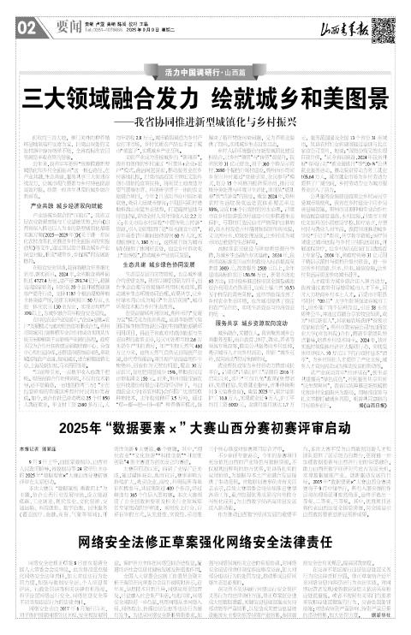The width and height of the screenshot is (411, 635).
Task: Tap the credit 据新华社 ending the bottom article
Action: pyautogui.click(x=379, y=626)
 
